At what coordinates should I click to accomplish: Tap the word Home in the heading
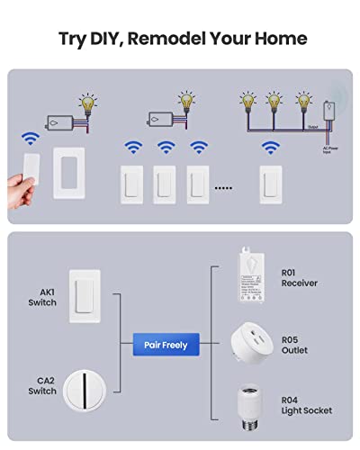(279, 38)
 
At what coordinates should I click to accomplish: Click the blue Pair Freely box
(165, 344)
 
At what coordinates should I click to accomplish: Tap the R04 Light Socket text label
(306, 405)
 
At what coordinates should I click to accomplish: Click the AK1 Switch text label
(41, 297)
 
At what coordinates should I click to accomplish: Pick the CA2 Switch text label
(41, 386)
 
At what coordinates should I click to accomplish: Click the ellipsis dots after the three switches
(223, 188)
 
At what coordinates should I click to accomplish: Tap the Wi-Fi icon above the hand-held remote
(31, 139)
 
